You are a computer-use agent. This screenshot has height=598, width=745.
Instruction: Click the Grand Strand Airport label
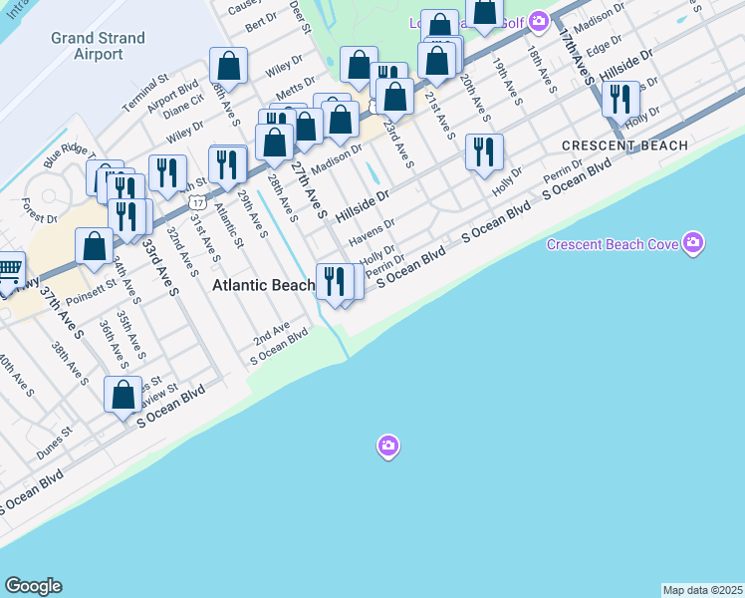(x=99, y=46)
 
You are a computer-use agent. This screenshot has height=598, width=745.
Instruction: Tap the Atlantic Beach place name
(x=263, y=285)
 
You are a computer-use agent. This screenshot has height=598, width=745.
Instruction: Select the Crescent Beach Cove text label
(x=612, y=244)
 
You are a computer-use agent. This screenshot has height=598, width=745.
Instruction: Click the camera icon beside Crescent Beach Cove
(x=693, y=242)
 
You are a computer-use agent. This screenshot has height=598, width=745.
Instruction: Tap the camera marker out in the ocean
(x=388, y=446)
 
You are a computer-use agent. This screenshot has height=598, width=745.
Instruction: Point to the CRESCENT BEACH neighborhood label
(x=624, y=146)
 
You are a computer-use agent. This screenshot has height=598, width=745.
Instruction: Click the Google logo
(x=33, y=586)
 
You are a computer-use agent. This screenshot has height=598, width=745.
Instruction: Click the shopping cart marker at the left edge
(x=8, y=270)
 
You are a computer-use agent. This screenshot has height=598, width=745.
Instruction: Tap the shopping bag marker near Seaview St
(x=124, y=395)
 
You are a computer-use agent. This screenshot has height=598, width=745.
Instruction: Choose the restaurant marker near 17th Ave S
(x=621, y=100)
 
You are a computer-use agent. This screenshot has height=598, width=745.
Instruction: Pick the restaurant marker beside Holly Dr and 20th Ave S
(x=484, y=152)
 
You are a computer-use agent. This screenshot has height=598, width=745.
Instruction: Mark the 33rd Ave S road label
(x=158, y=266)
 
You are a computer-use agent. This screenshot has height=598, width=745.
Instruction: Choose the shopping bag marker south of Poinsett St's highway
(x=95, y=246)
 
